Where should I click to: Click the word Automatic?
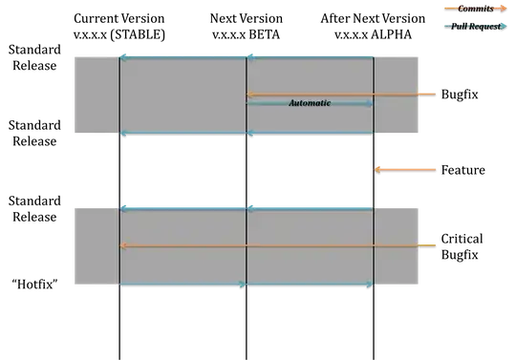(310, 103)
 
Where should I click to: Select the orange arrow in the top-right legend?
(474, 8)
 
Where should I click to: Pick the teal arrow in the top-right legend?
(474, 26)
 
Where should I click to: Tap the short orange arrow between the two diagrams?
(405, 169)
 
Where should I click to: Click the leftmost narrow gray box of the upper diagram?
(95, 95)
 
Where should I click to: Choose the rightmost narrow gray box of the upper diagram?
(396, 95)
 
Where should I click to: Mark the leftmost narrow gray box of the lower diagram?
(95, 246)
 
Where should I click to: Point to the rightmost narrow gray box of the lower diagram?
(396, 246)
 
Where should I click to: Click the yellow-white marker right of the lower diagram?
(427, 243)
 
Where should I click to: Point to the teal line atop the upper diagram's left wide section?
(183, 57)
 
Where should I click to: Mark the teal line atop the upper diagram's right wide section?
(311, 57)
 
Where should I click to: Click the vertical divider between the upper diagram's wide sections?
(247, 95)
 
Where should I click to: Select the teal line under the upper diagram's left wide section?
(183, 135)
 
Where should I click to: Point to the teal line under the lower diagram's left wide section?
(182, 286)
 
